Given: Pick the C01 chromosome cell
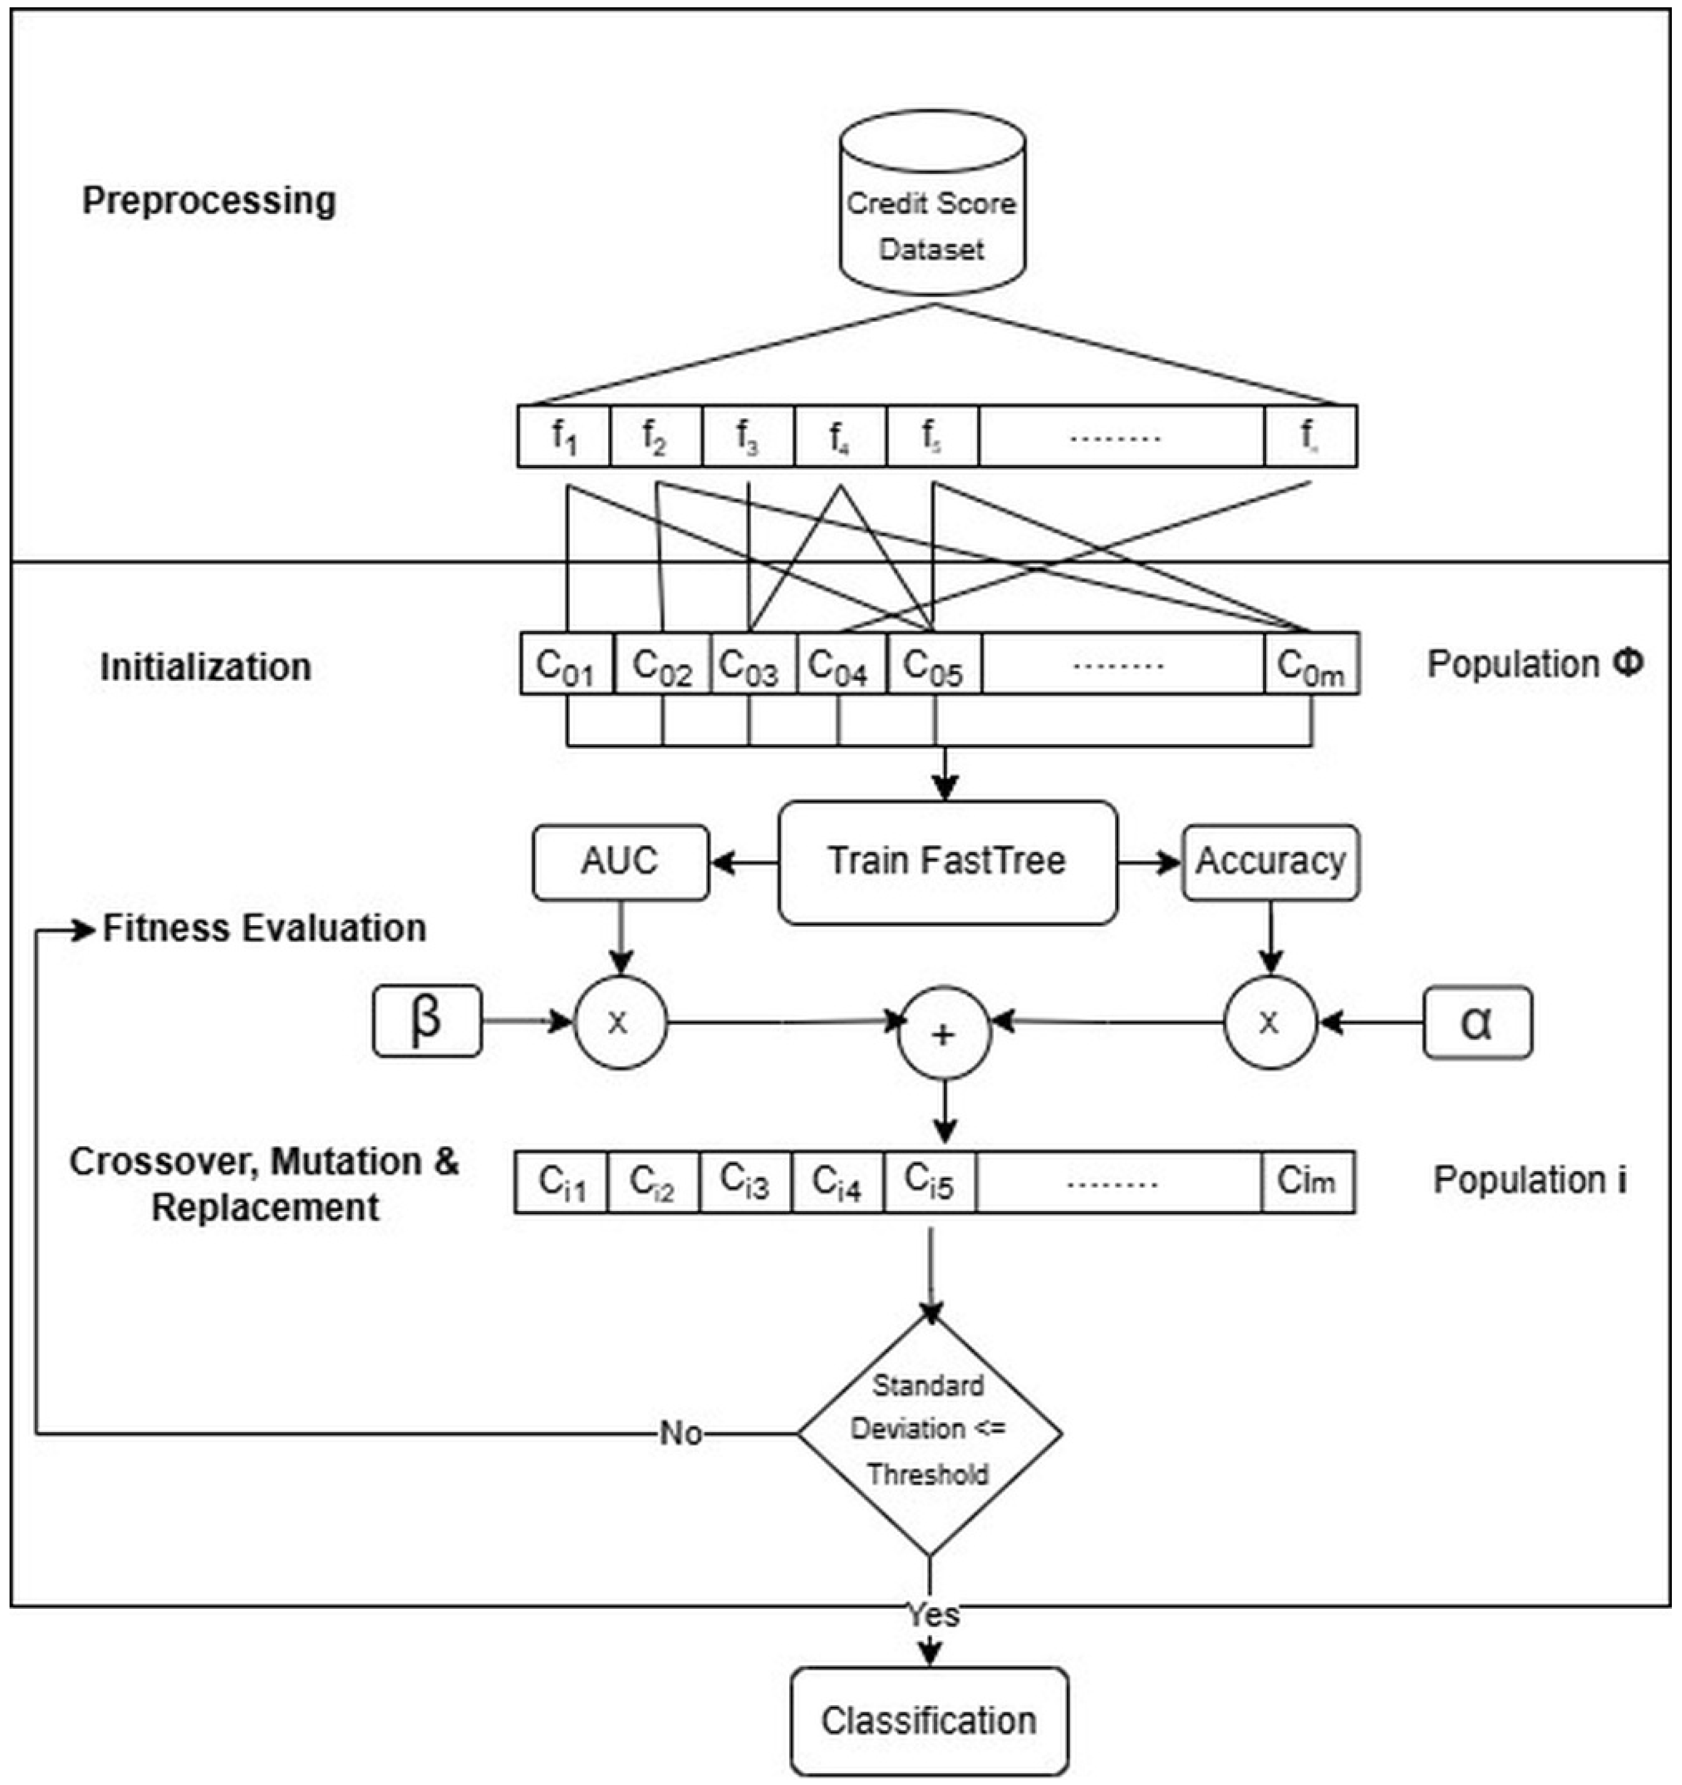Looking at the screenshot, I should click(x=566, y=665).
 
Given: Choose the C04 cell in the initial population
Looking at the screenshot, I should click(x=840, y=665).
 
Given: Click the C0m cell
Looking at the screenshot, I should click(x=1311, y=665).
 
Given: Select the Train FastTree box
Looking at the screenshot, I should click(x=947, y=862).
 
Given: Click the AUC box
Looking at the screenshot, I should click(x=620, y=862).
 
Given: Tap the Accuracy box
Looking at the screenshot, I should click(x=1270, y=862).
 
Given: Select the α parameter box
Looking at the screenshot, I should click(x=1477, y=1024).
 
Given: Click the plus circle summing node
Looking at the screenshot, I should click(x=944, y=1034).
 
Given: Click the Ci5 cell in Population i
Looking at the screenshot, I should click(x=930, y=1182).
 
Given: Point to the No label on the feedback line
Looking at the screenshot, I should click(x=680, y=1434).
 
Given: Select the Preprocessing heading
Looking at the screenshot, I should click(x=209, y=200).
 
